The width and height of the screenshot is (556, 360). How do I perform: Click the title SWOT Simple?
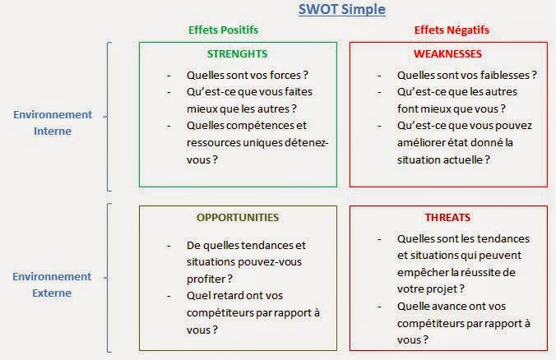point(342,10)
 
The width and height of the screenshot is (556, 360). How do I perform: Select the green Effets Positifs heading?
point(224,30)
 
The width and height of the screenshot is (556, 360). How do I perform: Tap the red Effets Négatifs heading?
point(452,30)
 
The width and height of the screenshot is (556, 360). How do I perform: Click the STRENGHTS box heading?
point(237,54)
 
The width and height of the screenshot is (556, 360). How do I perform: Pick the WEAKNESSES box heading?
point(447,54)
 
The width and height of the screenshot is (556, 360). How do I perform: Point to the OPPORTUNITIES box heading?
point(238,217)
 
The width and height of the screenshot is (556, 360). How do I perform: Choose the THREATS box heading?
point(447,217)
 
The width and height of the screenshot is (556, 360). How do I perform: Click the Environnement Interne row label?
point(53,123)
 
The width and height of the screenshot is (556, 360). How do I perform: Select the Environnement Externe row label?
point(52,285)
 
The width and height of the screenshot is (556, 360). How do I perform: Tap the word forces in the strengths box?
point(285,75)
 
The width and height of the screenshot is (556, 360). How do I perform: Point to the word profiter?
point(205,279)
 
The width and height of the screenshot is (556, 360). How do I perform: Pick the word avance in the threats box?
point(445,307)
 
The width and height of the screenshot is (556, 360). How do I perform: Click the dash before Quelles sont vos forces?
point(169,76)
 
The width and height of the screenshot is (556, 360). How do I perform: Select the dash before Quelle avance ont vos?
point(379,307)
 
